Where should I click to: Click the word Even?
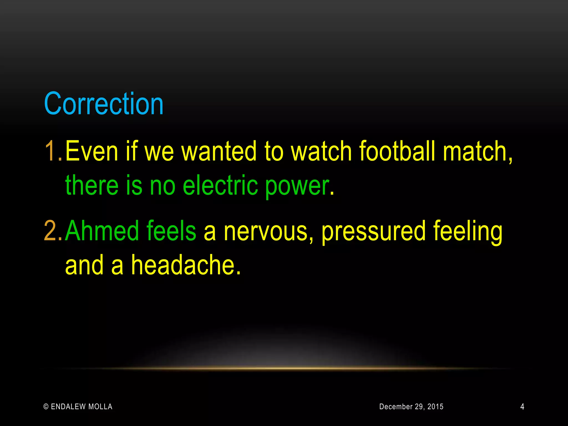[x=92, y=151]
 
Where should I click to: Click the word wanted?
[x=219, y=151]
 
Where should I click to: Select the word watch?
[x=321, y=151]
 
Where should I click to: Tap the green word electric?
[x=220, y=185]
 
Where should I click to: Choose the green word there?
[x=92, y=185]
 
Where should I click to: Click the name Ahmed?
[x=102, y=231]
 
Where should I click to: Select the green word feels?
[x=171, y=231]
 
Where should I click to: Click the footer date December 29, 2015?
[x=411, y=407]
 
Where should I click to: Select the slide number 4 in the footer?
[x=522, y=407]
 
